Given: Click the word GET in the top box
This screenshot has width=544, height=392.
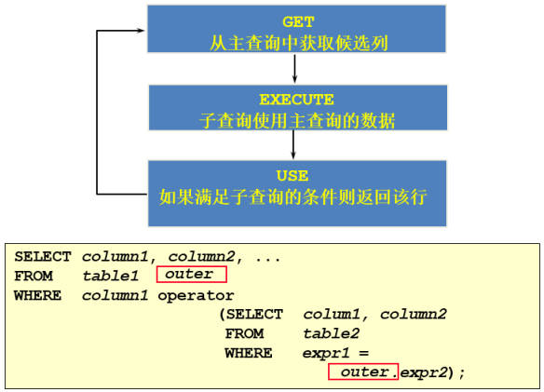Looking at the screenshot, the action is pyautogui.click(x=298, y=21).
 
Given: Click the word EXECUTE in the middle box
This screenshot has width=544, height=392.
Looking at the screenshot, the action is pyautogui.click(x=296, y=100).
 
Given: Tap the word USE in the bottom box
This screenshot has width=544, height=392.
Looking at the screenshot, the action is pyautogui.click(x=292, y=176).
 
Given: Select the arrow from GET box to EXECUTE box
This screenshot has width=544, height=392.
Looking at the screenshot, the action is pyautogui.click(x=294, y=68).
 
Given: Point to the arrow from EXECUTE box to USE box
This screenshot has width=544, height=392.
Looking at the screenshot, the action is pyautogui.click(x=293, y=144).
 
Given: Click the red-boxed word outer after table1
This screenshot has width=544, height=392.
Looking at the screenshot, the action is pyautogui.click(x=189, y=274).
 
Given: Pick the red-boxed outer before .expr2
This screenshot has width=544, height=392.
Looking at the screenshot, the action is pyautogui.click(x=364, y=372).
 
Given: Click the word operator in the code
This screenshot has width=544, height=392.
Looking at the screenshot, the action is pyautogui.click(x=196, y=295).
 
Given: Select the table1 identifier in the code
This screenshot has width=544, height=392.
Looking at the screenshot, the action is pyautogui.click(x=111, y=277).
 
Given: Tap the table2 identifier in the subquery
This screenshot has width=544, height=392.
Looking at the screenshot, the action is pyautogui.click(x=332, y=333).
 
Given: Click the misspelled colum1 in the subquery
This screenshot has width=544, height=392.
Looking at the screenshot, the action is pyautogui.click(x=332, y=315).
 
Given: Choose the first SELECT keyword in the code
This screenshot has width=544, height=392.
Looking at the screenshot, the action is pyautogui.click(x=43, y=257).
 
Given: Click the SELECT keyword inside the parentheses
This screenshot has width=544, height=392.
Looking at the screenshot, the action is pyautogui.click(x=254, y=315).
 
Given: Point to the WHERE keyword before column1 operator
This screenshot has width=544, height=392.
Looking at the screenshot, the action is pyautogui.click(x=38, y=295).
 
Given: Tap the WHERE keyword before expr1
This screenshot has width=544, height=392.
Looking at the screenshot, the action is pyautogui.click(x=249, y=353).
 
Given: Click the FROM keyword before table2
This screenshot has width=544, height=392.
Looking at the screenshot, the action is pyautogui.click(x=245, y=333).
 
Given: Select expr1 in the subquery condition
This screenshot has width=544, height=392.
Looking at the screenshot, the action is pyautogui.click(x=326, y=354).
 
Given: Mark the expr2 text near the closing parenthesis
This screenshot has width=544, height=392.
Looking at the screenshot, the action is pyautogui.click(x=424, y=373).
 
